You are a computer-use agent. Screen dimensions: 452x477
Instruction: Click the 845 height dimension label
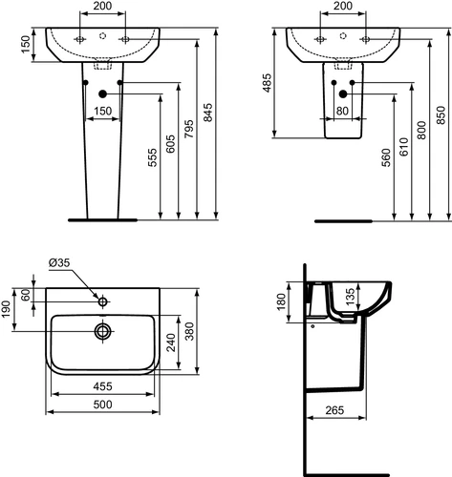(207, 113)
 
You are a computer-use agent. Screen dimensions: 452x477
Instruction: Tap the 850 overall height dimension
(441, 115)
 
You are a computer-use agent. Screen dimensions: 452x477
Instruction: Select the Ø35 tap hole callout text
(59, 262)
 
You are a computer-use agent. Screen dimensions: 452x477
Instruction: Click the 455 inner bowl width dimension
(102, 386)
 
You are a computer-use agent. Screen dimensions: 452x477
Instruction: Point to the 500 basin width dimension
(102, 404)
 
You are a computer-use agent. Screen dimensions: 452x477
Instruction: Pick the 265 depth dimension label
(334, 410)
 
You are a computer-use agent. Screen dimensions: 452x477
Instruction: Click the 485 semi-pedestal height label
(267, 83)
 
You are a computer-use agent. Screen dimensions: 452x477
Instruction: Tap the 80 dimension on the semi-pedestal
(342, 111)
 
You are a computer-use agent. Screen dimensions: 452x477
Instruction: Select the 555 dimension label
(153, 157)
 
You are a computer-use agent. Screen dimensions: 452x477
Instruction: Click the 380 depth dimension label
(189, 331)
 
